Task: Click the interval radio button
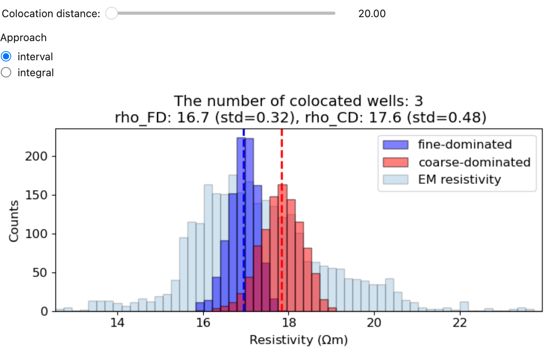pos(6,56)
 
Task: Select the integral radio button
pos(6,72)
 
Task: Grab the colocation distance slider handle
pos(111,13)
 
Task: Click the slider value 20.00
pos(372,14)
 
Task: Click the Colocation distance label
pos(51,14)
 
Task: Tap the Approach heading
pos(24,38)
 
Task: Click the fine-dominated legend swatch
pos(395,144)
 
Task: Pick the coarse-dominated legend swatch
pos(395,162)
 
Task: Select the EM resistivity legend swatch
pos(395,180)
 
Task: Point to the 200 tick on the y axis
pos(36,156)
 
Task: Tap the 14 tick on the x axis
pos(117,322)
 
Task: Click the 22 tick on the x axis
pos(460,322)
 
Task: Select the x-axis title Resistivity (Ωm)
pos(299,340)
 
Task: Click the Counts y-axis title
pos(14,221)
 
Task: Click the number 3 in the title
pos(418,101)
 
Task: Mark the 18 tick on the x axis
pos(289,322)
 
